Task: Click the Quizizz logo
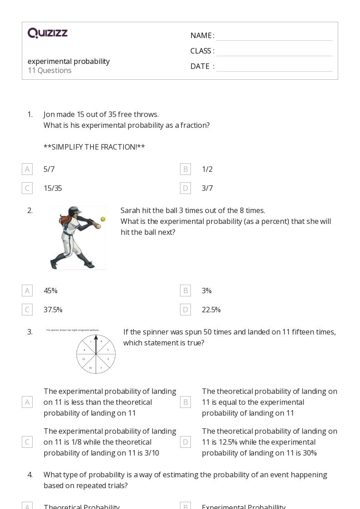click(48, 33)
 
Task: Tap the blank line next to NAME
click(274, 36)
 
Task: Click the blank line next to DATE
click(274, 67)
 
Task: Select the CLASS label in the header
click(202, 51)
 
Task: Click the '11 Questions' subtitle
click(49, 70)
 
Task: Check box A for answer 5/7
click(27, 169)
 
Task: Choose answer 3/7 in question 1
click(207, 188)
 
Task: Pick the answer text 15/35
click(53, 188)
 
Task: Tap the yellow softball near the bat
click(103, 219)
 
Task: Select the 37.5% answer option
click(53, 310)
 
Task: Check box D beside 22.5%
click(185, 310)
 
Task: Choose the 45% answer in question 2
click(50, 291)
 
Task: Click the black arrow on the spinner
click(96, 344)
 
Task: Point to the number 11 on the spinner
click(84, 359)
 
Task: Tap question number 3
click(30, 332)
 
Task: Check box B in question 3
click(185, 402)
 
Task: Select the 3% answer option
click(207, 291)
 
